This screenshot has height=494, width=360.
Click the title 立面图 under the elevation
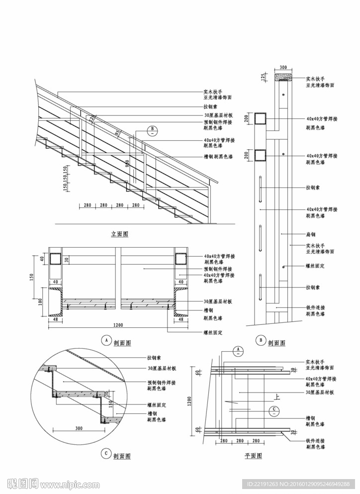119,234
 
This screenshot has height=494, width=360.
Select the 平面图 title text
254,456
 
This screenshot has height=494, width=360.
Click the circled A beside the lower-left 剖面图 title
105,340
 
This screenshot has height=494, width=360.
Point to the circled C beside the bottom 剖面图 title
105,453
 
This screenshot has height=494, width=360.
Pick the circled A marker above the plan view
238,351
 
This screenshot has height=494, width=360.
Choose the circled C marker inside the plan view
273,411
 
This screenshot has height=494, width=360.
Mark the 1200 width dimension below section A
118,325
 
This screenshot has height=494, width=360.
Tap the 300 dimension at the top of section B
283,67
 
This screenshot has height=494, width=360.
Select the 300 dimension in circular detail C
79,428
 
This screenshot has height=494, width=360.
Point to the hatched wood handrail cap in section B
283,77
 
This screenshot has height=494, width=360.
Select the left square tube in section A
55,259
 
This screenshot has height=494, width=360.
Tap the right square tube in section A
180,259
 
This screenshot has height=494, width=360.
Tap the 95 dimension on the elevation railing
117,133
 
